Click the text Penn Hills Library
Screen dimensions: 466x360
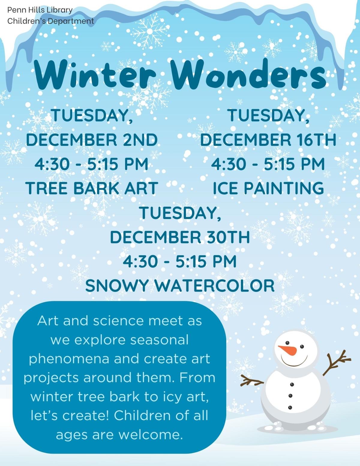[40, 10]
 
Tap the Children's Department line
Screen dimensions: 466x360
[50, 21]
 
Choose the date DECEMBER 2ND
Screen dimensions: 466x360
[92, 140]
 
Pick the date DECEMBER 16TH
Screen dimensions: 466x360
[268, 140]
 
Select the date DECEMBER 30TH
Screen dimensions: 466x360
[180, 237]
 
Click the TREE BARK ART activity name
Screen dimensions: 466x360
[92, 188]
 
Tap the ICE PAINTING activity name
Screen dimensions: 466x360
[268, 188]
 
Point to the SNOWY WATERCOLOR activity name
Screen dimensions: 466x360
[180, 286]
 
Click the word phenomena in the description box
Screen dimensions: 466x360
[69, 359]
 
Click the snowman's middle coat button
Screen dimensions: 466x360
[290, 396]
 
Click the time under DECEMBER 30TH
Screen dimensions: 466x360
[180, 261]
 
